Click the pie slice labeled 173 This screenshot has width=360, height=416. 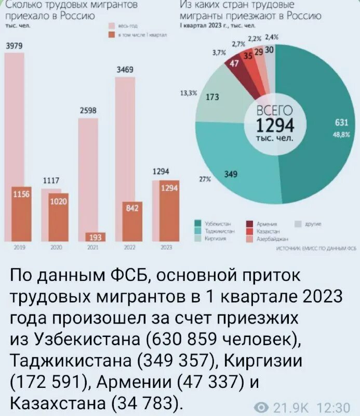[x=218, y=101]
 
